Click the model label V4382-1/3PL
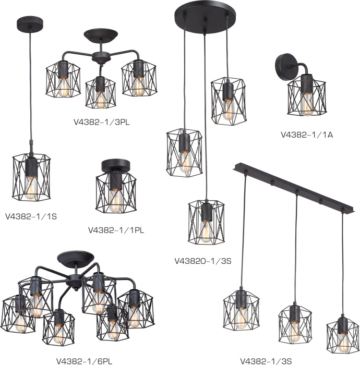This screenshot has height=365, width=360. (x=102, y=122)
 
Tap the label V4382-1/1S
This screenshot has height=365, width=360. (x=31, y=216)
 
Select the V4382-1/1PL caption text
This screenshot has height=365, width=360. (x=116, y=230)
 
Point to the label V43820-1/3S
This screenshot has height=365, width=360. (x=203, y=261)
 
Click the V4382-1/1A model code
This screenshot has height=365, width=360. (x=307, y=135)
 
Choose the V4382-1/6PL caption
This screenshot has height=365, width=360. (x=85, y=361)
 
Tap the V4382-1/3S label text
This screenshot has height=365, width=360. (x=266, y=361)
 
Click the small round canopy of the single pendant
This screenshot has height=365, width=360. (x=30, y=24)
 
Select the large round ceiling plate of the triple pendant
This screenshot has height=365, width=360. (x=205, y=17)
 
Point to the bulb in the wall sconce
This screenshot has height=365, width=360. (x=307, y=104)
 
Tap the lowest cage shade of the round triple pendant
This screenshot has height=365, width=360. (x=206, y=222)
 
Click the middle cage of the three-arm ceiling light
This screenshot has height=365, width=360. (x=100, y=93)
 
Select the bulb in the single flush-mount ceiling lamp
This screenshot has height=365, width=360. (x=115, y=200)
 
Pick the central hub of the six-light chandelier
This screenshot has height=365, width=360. (x=74, y=281)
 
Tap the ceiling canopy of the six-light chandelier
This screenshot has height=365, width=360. (x=76, y=258)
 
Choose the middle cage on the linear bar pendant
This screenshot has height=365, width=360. (x=295, y=324)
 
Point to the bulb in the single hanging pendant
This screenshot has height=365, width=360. (x=31, y=188)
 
